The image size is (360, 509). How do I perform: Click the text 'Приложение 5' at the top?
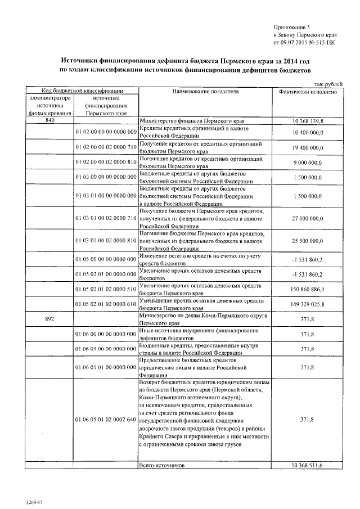point(291,26)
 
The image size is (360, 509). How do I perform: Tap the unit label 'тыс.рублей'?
point(328,84)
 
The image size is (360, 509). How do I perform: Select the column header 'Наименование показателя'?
point(205,91)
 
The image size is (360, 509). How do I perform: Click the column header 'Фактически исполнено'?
point(308,91)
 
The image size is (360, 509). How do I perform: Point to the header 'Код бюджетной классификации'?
point(75,91)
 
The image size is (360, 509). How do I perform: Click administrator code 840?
point(49,121)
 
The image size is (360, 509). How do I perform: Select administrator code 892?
point(49,318)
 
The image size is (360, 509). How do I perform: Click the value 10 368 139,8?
point(308,121)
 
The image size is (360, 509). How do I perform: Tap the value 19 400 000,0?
point(308,147)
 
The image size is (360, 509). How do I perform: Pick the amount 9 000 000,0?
point(308,163)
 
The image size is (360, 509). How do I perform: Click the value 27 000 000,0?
point(308,217)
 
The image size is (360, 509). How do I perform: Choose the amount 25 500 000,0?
point(308,241)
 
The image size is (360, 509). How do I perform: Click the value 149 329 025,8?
point(308,304)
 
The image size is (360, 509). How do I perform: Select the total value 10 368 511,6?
point(308,466)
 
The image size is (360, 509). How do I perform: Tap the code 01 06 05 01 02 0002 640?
point(106,420)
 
